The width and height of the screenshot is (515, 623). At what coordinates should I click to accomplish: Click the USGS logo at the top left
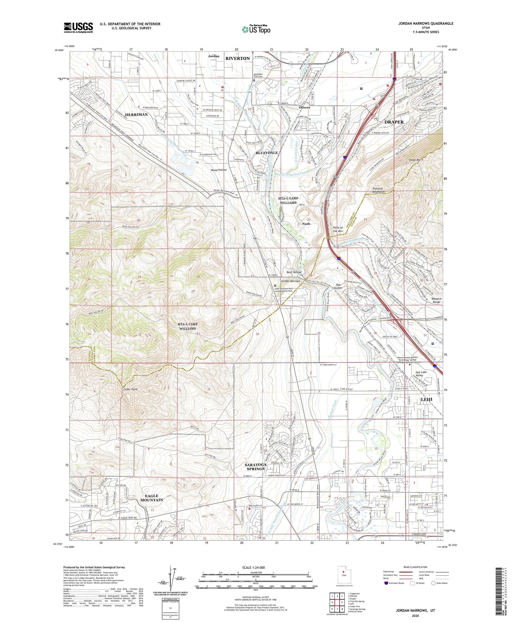pyautogui.click(x=78, y=27)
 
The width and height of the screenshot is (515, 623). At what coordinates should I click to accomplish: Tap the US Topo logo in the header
pyautogui.click(x=256, y=29)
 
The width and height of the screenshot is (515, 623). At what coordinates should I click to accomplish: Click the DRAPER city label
pyautogui.click(x=394, y=122)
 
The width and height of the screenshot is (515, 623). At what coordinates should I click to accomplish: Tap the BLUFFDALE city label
pyautogui.click(x=267, y=153)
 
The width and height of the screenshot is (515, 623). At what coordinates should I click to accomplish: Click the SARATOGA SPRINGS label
pyautogui.click(x=255, y=466)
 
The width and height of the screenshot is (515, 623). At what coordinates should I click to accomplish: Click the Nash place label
pyautogui.click(x=306, y=224)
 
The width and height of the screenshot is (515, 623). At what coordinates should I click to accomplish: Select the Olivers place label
pyautogui.click(x=304, y=107)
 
